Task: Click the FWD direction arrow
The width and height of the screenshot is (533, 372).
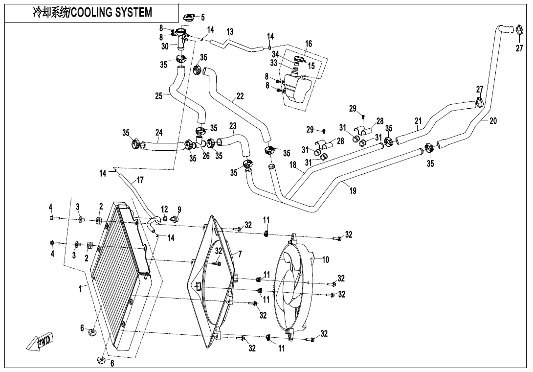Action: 42,341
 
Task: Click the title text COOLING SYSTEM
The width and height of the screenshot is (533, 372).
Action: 112,12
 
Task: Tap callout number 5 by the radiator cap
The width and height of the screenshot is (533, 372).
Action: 203,18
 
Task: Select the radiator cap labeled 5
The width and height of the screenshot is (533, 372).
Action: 189,19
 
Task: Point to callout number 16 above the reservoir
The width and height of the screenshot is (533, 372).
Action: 309,44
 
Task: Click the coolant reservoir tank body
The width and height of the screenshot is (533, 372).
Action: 296,88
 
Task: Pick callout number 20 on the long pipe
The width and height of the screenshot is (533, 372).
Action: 493,121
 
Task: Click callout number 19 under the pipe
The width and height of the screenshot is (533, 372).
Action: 353,191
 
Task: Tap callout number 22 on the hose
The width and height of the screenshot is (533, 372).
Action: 240,96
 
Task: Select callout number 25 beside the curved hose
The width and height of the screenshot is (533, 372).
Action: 159,96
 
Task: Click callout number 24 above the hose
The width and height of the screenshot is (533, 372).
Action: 159,132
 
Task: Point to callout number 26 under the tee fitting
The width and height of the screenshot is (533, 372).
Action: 206,157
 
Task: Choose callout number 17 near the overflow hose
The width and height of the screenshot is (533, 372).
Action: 140,180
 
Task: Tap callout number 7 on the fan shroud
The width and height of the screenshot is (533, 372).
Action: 240,254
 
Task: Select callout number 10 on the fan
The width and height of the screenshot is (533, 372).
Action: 326,259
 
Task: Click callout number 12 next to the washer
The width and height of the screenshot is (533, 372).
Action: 165,209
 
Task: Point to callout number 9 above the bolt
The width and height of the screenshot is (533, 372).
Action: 179,209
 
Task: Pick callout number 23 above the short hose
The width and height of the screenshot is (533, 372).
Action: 233,126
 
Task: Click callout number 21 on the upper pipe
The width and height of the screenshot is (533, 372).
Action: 418,121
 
